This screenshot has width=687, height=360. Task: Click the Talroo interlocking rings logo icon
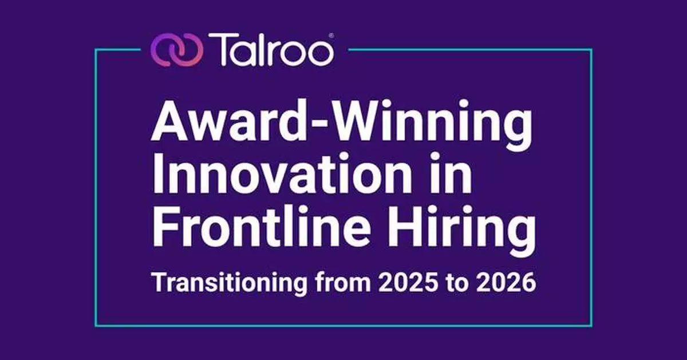(176, 50)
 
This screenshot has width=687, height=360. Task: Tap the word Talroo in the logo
(271, 49)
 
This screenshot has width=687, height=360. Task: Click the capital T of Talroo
(223, 49)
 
